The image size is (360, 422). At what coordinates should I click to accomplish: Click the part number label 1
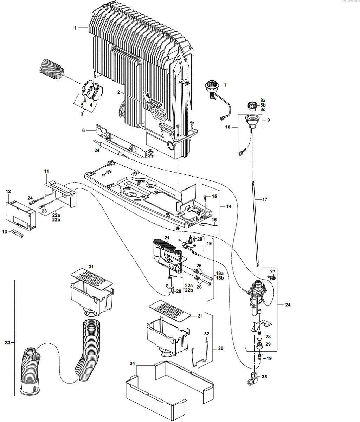coord(75,28)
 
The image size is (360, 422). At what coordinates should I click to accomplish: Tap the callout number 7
coord(225,85)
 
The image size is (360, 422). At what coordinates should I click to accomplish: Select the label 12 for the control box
coord(8,191)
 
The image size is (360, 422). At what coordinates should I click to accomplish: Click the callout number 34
coord(132,363)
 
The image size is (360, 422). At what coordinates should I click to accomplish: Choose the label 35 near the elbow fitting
coord(264,377)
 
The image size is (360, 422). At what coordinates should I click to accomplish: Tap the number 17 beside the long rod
coord(265,199)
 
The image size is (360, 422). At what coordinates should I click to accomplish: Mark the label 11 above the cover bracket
coord(46,171)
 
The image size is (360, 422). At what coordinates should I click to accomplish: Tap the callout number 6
coord(83,130)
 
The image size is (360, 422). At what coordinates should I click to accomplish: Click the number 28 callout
coord(268,337)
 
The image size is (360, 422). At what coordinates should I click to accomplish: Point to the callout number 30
coord(221,349)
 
